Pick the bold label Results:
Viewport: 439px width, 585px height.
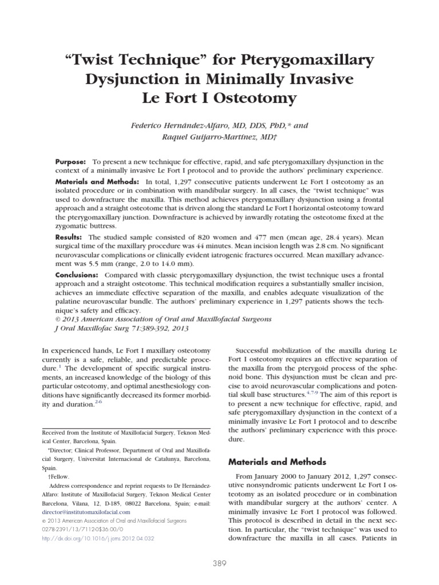coord(69,237)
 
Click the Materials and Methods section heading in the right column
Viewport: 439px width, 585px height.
coord(277,462)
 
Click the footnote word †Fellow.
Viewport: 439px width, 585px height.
coord(58,476)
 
